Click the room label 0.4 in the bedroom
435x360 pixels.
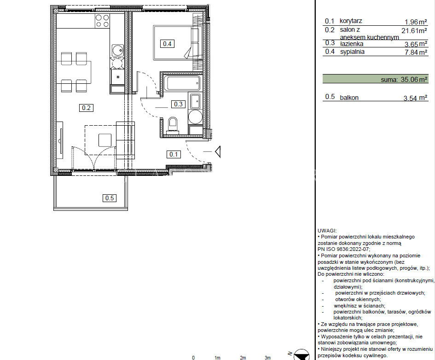click(167, 44)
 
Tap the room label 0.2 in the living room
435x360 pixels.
click(86, 108)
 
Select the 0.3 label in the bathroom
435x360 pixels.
click(178, 104)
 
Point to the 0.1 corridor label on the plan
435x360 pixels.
click(174, 154)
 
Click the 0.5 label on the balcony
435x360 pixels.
click(109, 198)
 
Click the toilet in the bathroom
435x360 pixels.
click(173, 125)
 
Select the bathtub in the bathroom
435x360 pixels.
click(182, 83)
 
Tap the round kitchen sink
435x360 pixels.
click(118, 51)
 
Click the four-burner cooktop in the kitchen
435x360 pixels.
click(102, 21)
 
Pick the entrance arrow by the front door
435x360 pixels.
click(218, 152)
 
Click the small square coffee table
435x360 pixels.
click(105, 140)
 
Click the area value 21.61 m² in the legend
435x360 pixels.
click(414, 31)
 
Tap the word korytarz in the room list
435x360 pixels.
click(351, 21)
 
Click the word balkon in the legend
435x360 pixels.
click(349, 98)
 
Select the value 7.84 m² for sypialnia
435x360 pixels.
click(416, 52)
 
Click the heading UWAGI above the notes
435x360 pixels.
click(327, 231)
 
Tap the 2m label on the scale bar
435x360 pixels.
click(243, 358)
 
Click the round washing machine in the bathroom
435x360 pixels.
click(195, 117)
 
